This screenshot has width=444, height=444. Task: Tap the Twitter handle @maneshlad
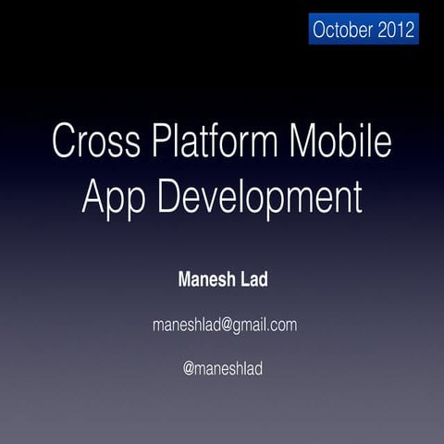click(x=223, y=368)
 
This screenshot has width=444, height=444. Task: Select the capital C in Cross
click(x=64, y=144)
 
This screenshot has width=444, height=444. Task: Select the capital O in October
click(x=320, y=30)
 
